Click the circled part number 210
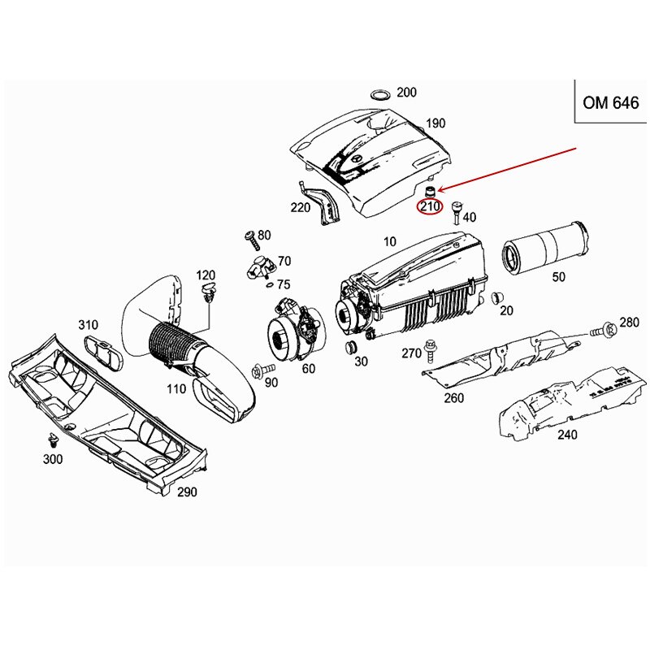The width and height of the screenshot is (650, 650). click(x=429, y=207)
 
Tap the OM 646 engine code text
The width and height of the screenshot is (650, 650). click(x=611, y=103)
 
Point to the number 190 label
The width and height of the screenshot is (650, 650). click(x=435, y=123)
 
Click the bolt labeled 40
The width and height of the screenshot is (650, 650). click(x=455, y=213)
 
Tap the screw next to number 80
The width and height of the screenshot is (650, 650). click(x=251, y=238)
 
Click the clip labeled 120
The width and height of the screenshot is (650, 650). click(x=207, y=292)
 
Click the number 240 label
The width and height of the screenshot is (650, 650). click(x=567, y=435)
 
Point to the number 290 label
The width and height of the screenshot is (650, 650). click(x=187, y=492)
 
